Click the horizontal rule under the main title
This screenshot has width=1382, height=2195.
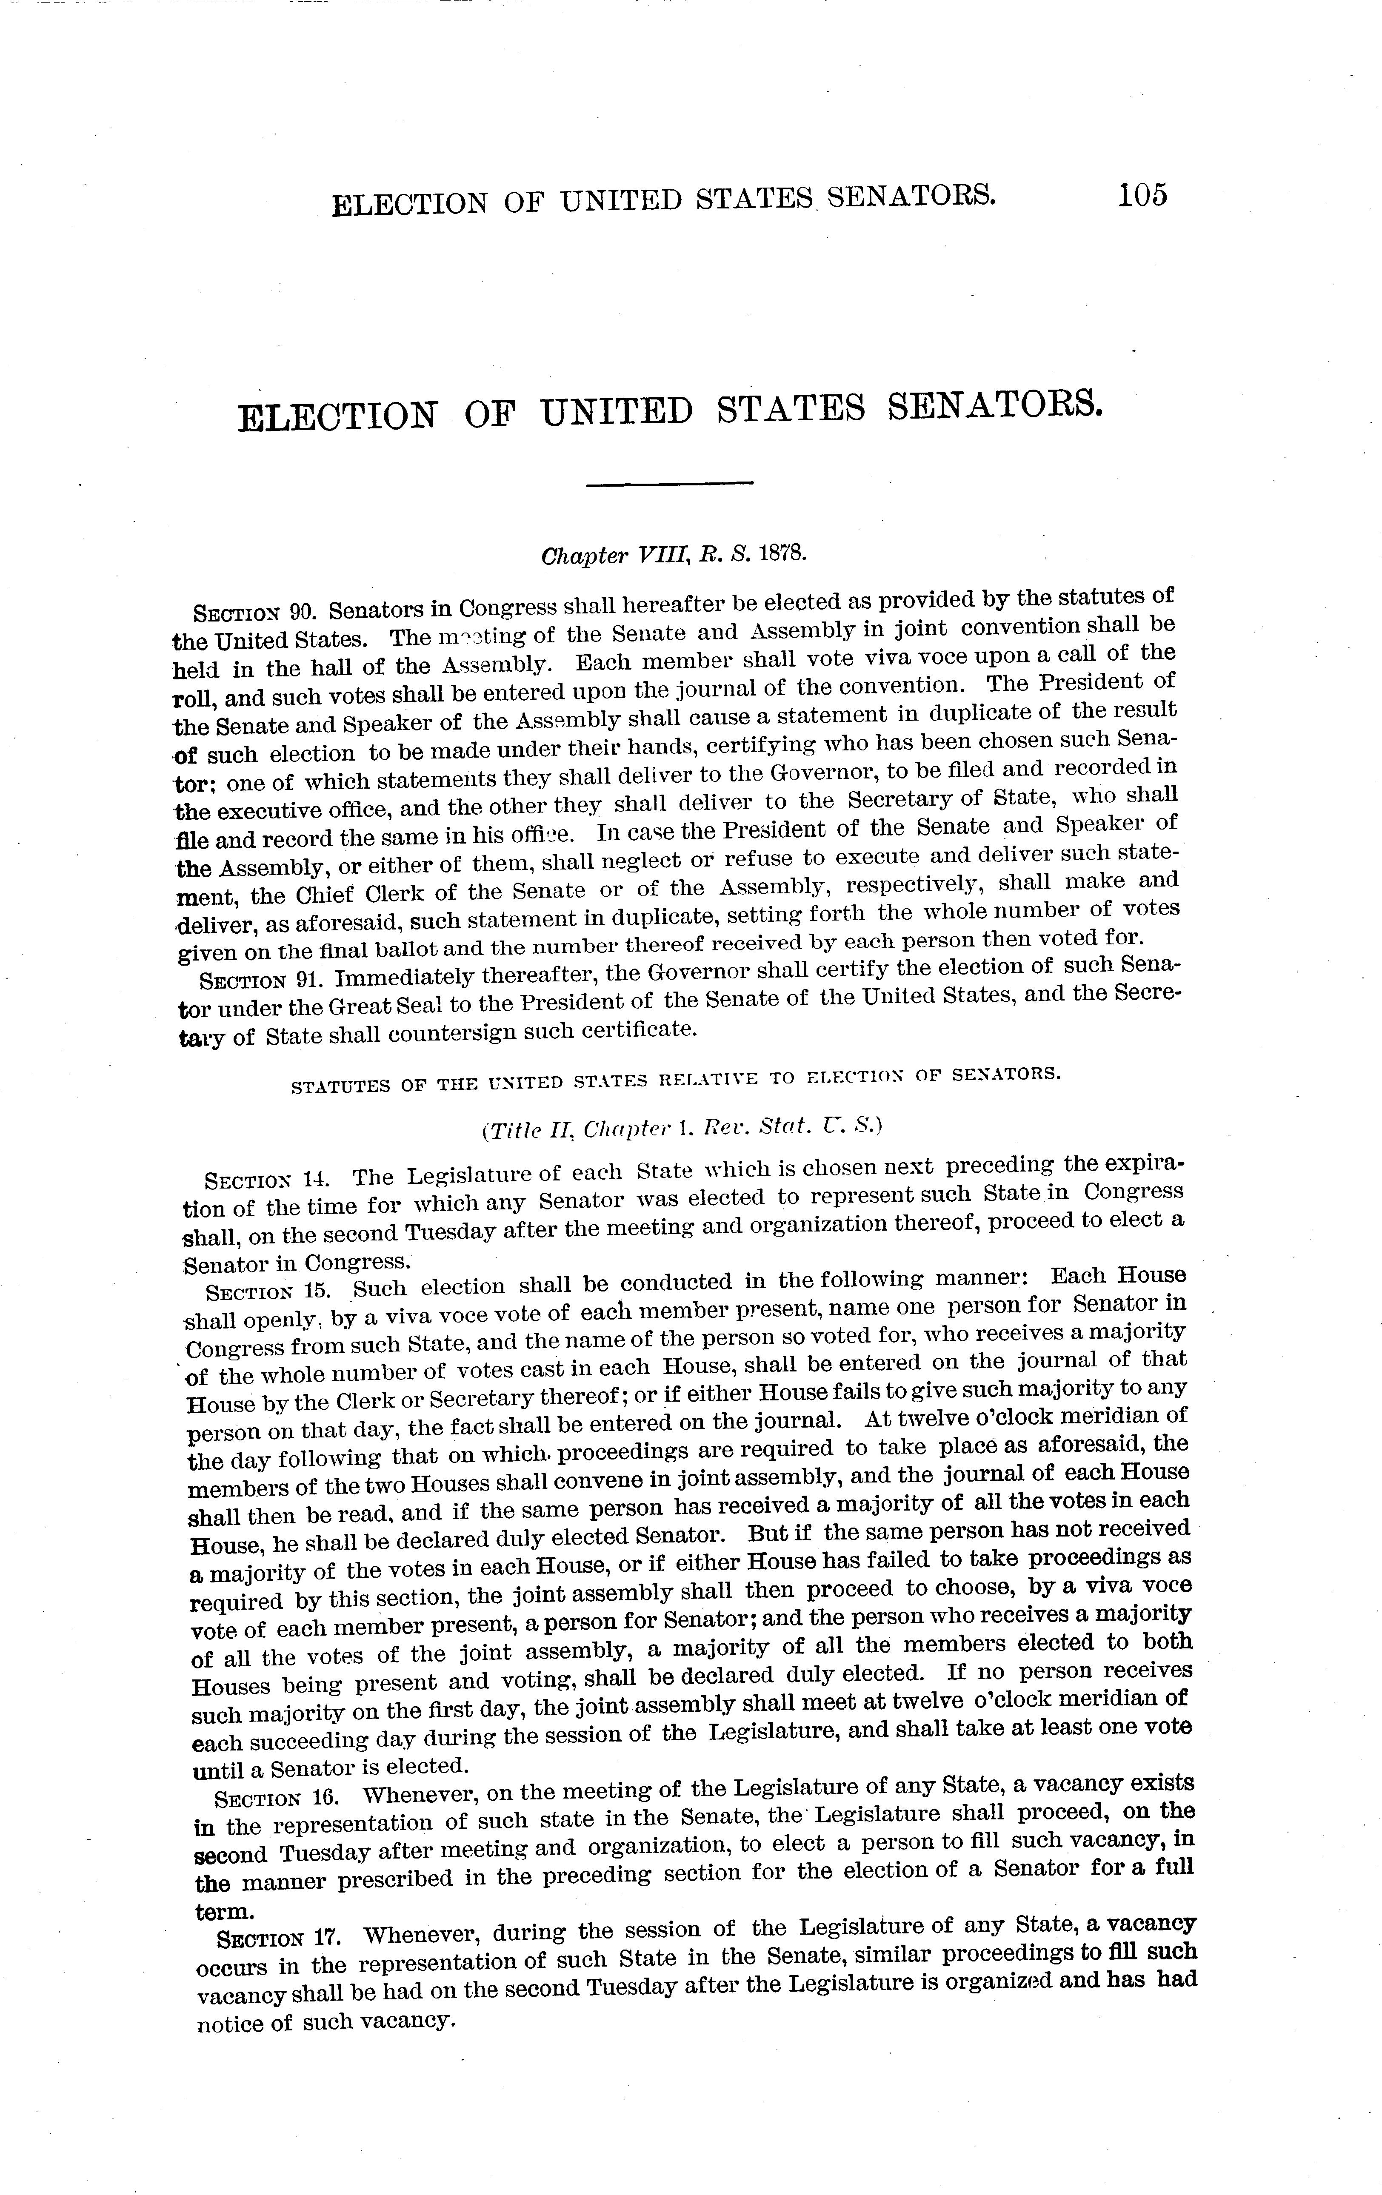[669, 483]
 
